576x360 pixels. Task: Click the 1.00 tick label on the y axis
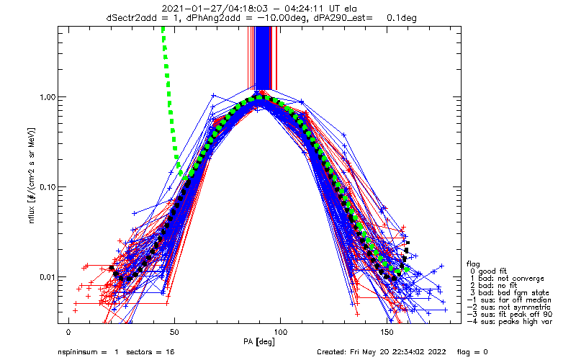click(x=47, y=97)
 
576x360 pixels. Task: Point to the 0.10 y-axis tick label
click(x=47, y=187)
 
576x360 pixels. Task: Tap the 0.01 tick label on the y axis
click(x=47, y=277)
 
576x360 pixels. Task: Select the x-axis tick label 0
click(x=68, y=333)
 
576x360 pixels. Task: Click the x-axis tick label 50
click(x=174, y=333)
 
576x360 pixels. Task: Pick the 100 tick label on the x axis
click(x=281, y=333)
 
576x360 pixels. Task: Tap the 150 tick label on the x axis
click(x=387, y=333)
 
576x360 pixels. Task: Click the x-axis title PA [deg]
click(x=259, y=342)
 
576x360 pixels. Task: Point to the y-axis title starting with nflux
click(x=32, y=176)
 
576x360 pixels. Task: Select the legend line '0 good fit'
click(x=488, y=271)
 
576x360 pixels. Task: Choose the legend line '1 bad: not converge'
click(x=507, y=279)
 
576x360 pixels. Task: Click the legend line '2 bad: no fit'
click(x=493, y=286)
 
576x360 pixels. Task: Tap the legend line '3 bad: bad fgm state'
click(x=510, y=293)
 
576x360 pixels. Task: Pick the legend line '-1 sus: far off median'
click(x=509, y=300)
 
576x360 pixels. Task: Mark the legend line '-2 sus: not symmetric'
click(x=509, y=307)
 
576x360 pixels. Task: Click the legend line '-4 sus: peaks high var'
click(x=510, y=322)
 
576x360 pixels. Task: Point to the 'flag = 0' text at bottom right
click(x=472, y=352)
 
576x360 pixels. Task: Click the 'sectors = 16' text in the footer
click(x=150, y=352)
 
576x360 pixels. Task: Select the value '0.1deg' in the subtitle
click(x=402, y=17)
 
